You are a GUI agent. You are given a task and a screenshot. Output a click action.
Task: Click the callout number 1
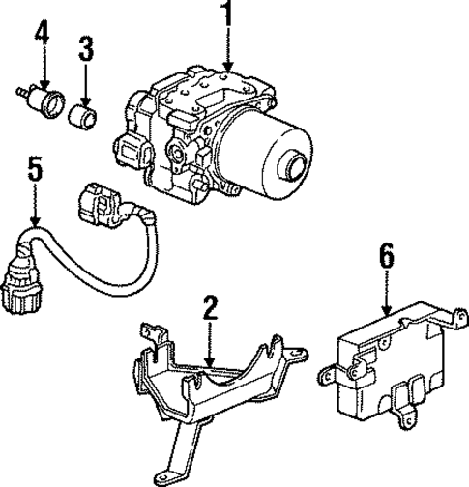(x=227, y=17)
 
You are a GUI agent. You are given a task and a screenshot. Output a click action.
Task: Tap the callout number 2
(x=211, y=310)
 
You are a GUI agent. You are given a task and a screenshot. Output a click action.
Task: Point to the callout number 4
(x=41, y=37)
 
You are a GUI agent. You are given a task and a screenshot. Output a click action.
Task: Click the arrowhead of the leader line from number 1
(x=227, y=70)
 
